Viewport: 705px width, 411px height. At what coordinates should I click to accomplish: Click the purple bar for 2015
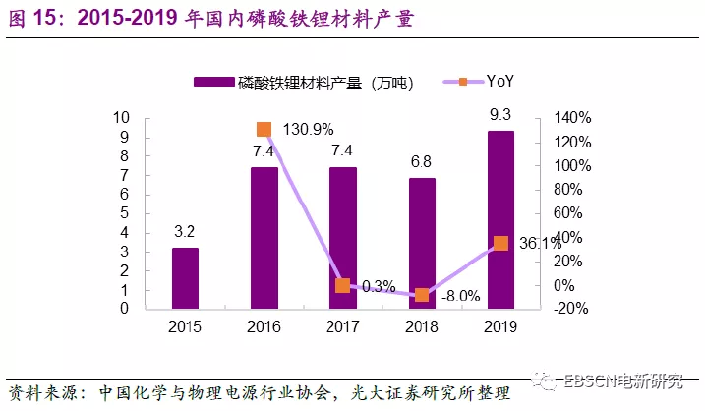click(x=185, y=278)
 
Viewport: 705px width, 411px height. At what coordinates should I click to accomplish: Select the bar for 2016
click(x=264, y=238)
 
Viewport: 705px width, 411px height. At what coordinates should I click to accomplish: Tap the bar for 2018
click(x=422, y=244)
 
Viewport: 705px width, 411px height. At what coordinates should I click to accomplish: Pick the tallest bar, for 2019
click(x=500, y=220)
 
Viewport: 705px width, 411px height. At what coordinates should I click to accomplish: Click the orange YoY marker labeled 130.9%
click(x=264, y=129)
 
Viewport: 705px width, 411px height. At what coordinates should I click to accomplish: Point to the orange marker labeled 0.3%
click(x=342, y=286)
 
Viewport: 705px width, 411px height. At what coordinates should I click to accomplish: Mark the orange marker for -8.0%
click(x=422, y=295)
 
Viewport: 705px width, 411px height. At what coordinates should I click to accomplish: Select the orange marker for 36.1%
click(x=500, y=243)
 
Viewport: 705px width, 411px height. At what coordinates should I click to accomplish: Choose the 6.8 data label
click(x=422, y=161)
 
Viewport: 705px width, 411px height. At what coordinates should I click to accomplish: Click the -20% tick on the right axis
click(x=568, y=309)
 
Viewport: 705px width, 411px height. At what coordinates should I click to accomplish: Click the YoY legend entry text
click(x=500, y=82)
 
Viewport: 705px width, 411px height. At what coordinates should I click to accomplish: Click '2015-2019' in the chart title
click(x=126, y=19)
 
